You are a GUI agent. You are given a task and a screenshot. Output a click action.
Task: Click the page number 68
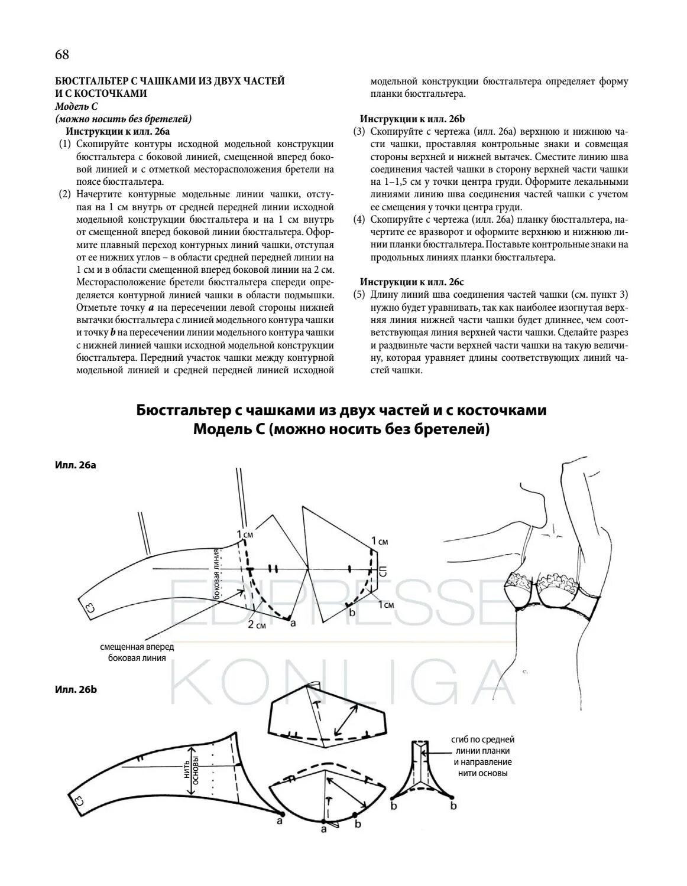[x=62, y=55]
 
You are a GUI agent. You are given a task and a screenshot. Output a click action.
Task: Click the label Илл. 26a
[x=75, y=465]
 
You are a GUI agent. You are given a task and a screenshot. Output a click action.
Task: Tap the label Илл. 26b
[x=76, y=689]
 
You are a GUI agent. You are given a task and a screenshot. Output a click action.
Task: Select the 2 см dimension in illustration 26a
[x=257, y=625]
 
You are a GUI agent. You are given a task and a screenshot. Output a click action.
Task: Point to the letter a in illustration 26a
[x=293, y=623]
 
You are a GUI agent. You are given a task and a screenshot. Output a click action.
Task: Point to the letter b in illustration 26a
[x=352, y=613]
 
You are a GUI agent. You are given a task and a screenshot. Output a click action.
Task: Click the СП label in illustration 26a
[x=383, y=571]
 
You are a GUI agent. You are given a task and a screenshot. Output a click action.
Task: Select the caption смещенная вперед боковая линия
[x=137, y=652]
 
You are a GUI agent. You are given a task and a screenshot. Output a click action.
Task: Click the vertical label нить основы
[x=192, y=767]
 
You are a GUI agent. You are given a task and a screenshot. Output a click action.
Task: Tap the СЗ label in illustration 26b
[x=80, y=802]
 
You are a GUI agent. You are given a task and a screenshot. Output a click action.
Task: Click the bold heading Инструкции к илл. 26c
[x=409, y=282]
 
